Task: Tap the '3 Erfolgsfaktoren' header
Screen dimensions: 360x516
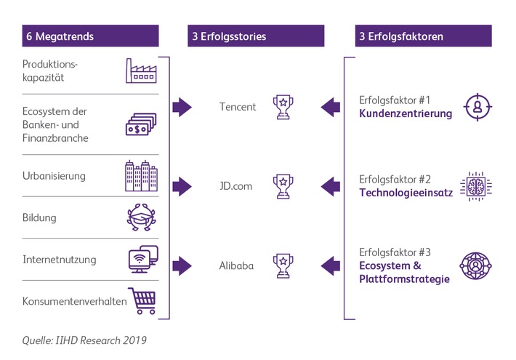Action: [x=401, y=36]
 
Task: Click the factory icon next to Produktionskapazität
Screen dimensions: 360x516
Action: [x=141, y=71]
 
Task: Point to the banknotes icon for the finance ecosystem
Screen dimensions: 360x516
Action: [x=140, y=124]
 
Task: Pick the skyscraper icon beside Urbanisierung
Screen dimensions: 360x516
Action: [x=141, y=175]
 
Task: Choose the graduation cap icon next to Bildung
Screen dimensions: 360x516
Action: [x=140, y=217]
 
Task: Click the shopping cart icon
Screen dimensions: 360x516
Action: [x=141, y=300]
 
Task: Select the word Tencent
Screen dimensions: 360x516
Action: [x=238, y=107]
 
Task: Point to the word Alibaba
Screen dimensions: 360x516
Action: [x=236, y=265]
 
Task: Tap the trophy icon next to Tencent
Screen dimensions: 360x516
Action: [x=281, y=107]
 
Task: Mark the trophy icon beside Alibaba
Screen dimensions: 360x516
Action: [x=281, y=265]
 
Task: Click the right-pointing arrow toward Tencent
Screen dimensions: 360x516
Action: [x=182, y=108]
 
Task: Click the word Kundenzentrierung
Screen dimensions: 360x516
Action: [x=406, y=113]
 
